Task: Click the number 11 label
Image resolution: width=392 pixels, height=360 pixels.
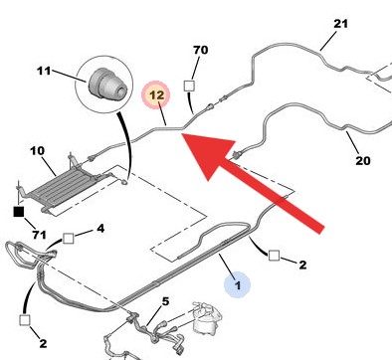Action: (44, 71)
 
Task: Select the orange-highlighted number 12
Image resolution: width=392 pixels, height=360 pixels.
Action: (155, 95)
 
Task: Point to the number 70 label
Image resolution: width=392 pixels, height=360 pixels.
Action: (199, 49)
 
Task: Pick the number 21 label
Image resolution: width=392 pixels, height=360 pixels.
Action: (341, 23)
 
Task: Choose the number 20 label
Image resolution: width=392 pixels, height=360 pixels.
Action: (362, 160)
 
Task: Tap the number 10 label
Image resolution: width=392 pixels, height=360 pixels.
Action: (37, 151)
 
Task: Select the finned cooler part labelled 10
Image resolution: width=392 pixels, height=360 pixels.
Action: (61, 182)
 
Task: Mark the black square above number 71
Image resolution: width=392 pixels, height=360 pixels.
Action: (17, 211)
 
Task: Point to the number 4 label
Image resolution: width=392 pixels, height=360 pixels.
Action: (99, 230)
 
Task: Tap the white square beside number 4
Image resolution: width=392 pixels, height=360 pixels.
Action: (70, 238)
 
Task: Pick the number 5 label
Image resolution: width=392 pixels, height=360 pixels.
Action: (166, 301)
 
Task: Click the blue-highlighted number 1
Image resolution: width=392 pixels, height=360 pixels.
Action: (236, 285)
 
